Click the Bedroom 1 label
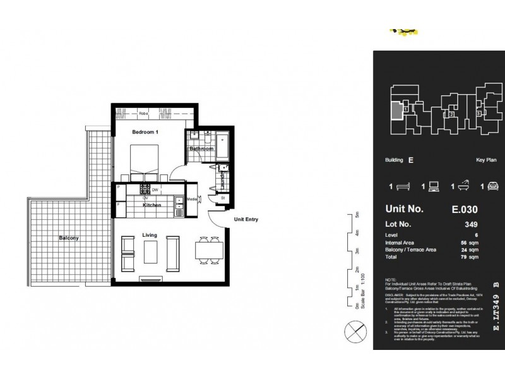pos(145,133)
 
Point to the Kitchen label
pos(151,205)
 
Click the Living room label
pos(150,235)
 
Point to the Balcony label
pos(69,238)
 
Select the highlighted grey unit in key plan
pos(395,111)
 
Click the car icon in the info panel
pos(489,186)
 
